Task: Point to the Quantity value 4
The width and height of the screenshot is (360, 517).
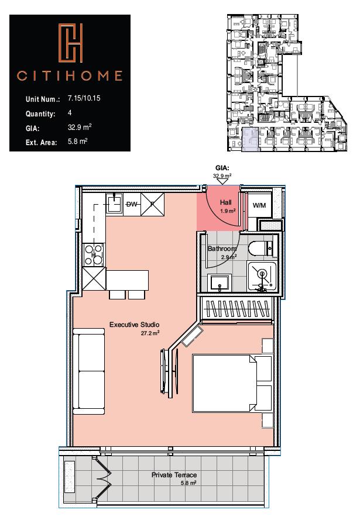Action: [70, 112]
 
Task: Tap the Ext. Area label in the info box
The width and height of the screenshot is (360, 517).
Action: [41, 142]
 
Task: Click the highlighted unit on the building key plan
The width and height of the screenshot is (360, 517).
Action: [249, 140]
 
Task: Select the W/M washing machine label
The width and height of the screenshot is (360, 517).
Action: [259, 206]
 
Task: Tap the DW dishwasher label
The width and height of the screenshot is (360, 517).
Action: [132, 204]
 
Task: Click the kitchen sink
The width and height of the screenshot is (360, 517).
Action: [114, 204]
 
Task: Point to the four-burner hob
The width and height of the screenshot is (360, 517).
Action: [93, 255]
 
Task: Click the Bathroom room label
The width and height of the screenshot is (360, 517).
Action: [222, 248]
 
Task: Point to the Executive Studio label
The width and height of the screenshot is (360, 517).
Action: [135, 325]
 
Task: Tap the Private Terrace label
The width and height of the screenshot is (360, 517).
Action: [174, 475]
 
